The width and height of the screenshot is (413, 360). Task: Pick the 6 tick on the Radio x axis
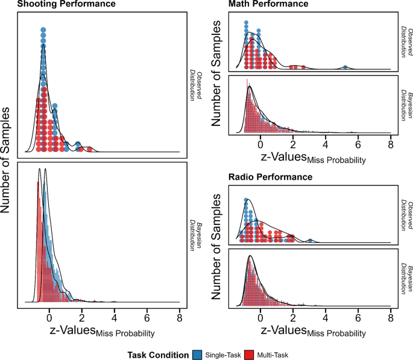point(358,317)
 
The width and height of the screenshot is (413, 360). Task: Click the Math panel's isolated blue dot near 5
point(345,67)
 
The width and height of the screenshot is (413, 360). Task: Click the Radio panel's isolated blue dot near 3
point(310,241)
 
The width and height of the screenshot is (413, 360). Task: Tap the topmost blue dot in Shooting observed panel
point(43,29)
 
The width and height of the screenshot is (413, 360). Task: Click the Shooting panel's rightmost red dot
point(89,149)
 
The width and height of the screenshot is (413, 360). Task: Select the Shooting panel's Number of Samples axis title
point(8,160)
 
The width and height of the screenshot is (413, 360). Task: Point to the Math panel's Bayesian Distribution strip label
point(402,107)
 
